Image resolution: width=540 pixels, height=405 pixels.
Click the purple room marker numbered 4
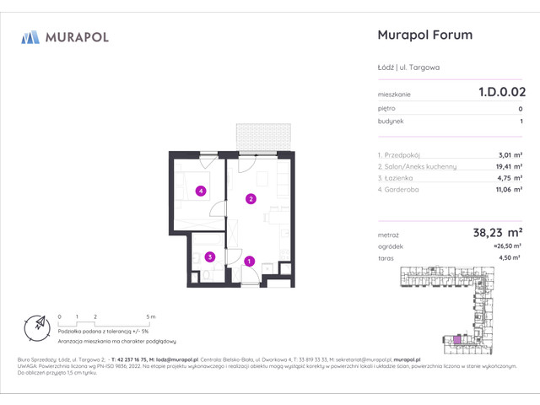(x=200, y=191)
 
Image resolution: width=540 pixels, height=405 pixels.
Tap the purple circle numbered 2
(x=251, y=199)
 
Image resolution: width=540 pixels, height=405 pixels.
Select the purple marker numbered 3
(x=210, y=256)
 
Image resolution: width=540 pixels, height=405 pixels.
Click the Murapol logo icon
(x=30, y=37)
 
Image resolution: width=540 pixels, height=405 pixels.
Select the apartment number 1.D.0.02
(x=501, y=94)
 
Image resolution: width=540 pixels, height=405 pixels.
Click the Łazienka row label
(x=396, y=178)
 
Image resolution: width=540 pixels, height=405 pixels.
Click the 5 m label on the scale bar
(x=149, y=316)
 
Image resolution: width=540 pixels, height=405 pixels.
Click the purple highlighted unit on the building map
(x=457, y=339)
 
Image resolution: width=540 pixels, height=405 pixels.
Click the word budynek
(x=391, y=121)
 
